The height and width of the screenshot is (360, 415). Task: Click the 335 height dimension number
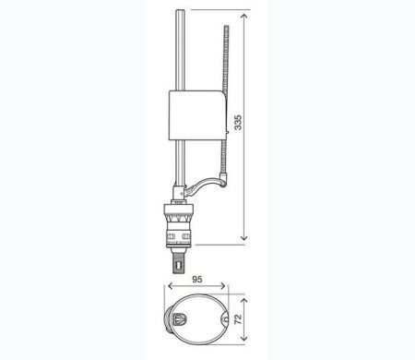pos(238,123)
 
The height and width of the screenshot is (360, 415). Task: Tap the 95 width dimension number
pos(197,279)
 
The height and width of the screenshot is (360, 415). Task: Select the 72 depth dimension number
pos(238,319)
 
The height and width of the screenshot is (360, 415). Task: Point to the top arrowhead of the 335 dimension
pos(244,17)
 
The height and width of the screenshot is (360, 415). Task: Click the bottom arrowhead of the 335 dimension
pos(244,237)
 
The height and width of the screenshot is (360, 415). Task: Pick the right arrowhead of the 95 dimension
pos(222,286)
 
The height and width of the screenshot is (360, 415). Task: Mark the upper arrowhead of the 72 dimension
pos(244,301)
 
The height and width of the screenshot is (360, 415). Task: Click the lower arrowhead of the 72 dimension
pos(244,338)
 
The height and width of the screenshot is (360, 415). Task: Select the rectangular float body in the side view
pos(197,115)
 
